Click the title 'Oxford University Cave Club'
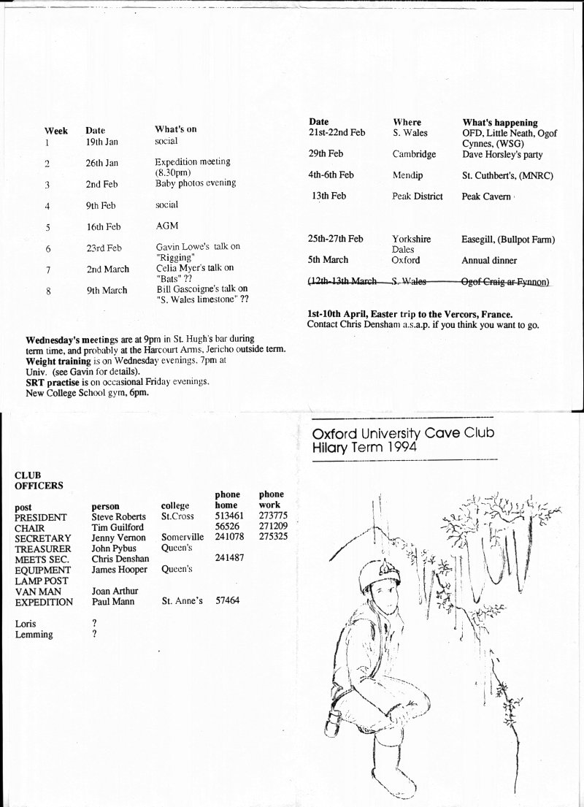pos(403,433)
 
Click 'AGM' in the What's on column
pos(166,226)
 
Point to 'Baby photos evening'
pos(196,183)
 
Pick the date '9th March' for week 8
pos(107,290)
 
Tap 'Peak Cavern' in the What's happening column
pos(486,196)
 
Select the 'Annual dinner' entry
pos(489,260)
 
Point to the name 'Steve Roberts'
pos(119,517)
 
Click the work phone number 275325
pos(273,538)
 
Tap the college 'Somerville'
pos(182,538)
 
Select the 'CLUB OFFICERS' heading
pos(39,480)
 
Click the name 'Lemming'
pos(34,635)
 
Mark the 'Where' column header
pos(407,122)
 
